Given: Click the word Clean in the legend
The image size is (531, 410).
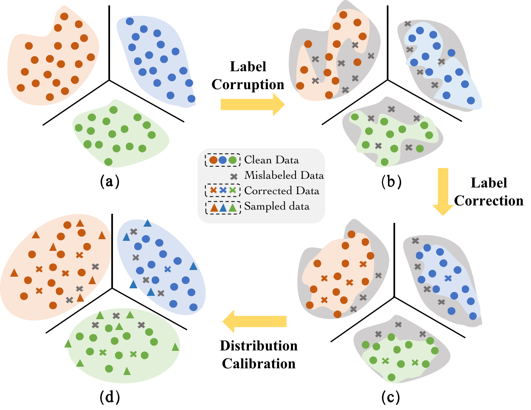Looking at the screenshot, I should pos(258,160).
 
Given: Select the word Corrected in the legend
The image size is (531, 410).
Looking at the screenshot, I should pos(268,191).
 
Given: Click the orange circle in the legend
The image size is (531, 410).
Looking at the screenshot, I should pos(213,160).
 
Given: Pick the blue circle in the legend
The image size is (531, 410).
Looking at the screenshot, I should pos(223,160).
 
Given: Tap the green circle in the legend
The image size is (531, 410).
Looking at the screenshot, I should pos(233,160).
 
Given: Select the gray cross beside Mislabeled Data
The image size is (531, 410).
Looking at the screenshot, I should pos(234,176).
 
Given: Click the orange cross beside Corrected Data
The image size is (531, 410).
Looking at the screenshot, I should pos(213,190).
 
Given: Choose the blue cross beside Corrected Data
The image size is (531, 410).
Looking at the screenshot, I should pos(223,190).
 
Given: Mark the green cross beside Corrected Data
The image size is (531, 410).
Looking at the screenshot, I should pos(233,190).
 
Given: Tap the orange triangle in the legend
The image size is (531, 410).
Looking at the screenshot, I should pos(213,207).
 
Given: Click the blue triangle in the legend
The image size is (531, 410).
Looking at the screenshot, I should pos(223,207).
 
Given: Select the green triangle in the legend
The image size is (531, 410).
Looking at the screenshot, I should pos(233,207).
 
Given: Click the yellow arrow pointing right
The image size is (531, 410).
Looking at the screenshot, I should pos(252,105).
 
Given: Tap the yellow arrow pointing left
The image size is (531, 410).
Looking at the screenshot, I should pos(255,322).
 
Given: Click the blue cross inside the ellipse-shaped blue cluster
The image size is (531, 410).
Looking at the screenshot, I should pos(168,269).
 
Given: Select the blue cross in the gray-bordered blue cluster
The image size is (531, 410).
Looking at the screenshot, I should pos(448,278).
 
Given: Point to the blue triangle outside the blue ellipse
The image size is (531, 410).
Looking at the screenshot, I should pos(133,285).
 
